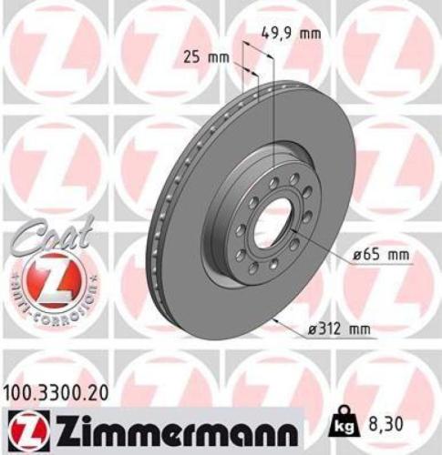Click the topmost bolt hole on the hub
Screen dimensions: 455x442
pyautogui.click(x=272, y=182)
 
